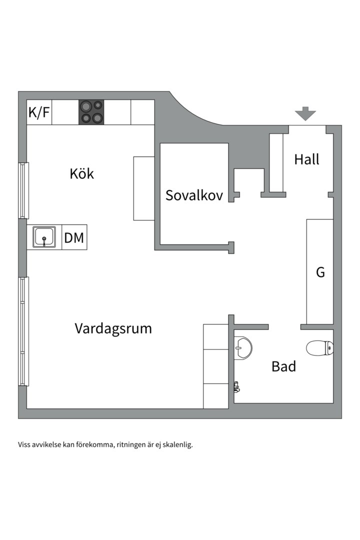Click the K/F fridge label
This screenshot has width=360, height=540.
click(x=39, y=112)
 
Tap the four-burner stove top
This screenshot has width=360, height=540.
click(x=91, y=112)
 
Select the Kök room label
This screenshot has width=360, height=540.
click(x=82, y=174)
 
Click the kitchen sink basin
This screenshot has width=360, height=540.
click(x=44, y=236)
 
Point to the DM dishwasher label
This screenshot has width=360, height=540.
click(x=74, y=238)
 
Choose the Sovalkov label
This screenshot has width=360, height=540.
click(x=194, y=195)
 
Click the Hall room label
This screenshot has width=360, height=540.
click(x=306, y=159)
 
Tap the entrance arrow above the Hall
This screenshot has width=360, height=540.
click(x=305, y=114)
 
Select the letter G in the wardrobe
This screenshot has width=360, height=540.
click(x=320, y=272)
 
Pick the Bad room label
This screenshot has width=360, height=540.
click(x=283, y=366)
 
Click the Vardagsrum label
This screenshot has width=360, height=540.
click(x=113, y=328)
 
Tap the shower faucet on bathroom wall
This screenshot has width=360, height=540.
click(x=236, y=386)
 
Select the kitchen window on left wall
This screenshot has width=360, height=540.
click(x=23, y=190)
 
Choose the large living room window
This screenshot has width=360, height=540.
click(x=23, y=331)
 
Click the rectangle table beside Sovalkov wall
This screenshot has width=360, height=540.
click(x=144, y=188)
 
